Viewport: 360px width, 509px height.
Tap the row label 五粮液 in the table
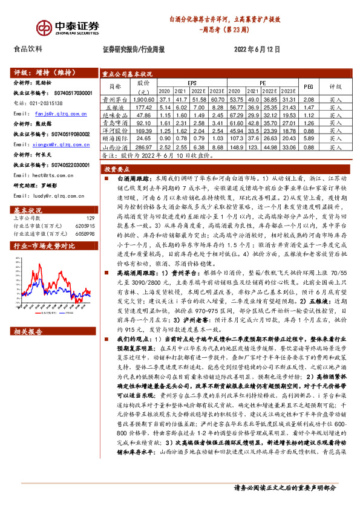point(113,106)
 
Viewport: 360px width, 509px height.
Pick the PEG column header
point(309,86)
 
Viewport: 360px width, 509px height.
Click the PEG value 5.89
point(308,138)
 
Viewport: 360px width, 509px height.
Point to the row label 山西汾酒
point(114,146)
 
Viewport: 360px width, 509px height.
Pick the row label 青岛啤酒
point(113,122)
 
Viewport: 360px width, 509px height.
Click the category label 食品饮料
point(28,50)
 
